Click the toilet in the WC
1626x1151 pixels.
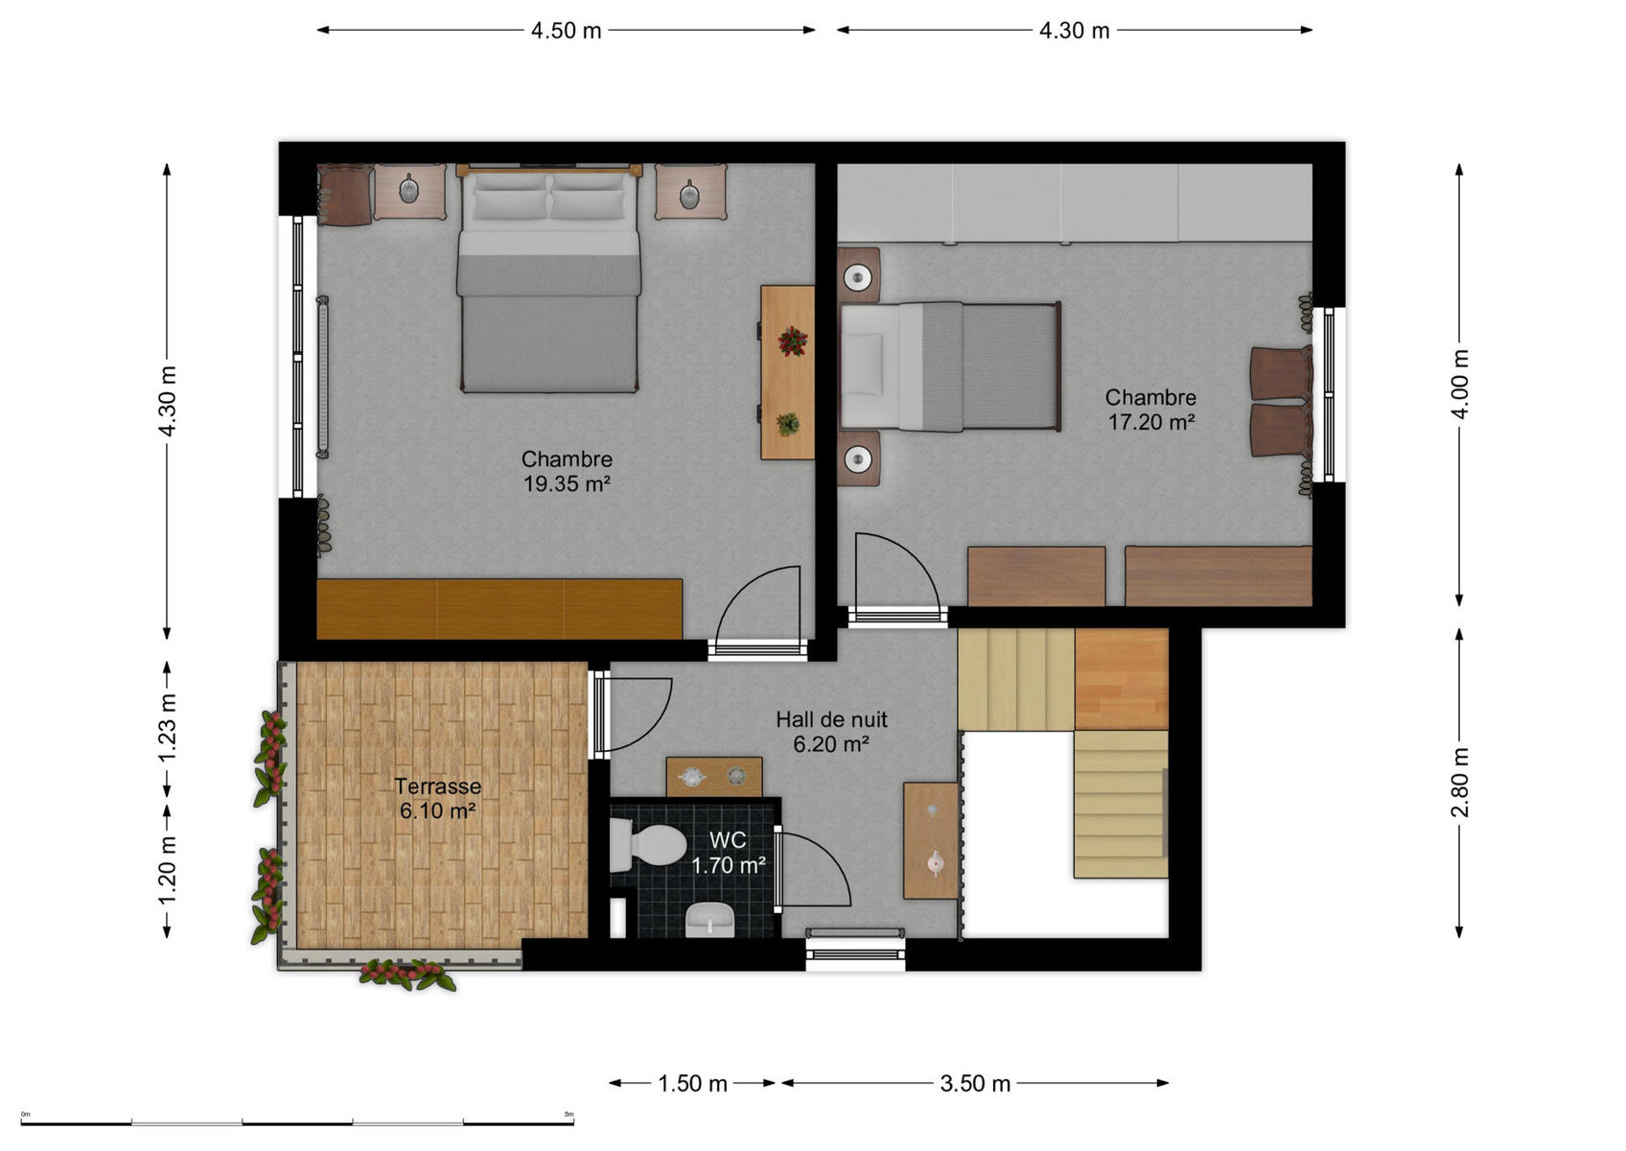pos(647,845)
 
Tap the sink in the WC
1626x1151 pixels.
pos(709,919)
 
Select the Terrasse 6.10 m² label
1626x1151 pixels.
pos(438,798)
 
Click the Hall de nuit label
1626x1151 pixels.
pos(831,719)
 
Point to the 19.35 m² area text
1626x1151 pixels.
pos(567,483)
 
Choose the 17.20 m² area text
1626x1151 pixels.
pos(1151,422)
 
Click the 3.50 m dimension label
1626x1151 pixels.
pos(975,1084)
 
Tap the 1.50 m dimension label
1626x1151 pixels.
pos(692,1084)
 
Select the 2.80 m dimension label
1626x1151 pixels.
pos(1460,782)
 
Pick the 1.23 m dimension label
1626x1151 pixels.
pos(168,728)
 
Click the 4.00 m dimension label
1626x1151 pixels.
pos(1460,385)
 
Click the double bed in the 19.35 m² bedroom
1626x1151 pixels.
pos(548,278)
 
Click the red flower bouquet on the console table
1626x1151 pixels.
pos(792,341)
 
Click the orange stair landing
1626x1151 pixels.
pos(1121,679)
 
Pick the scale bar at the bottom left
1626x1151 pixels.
pos(297,1122)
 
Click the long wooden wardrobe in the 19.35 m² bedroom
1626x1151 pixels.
pos(499,608)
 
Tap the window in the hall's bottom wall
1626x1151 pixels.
pos(855,952)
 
